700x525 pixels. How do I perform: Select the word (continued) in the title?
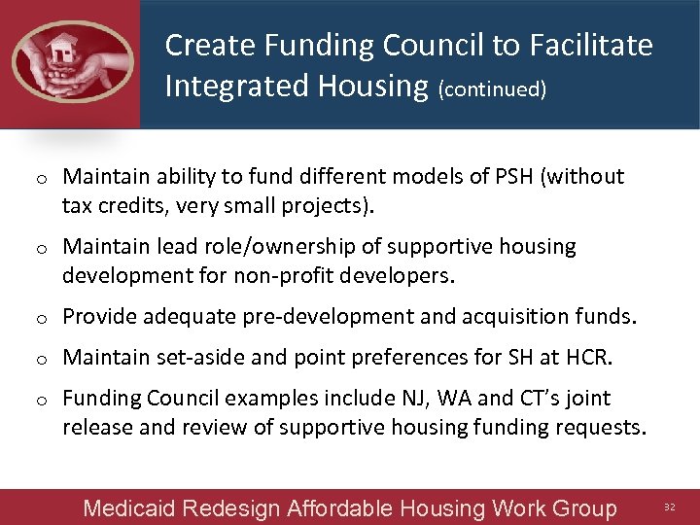point(492,89)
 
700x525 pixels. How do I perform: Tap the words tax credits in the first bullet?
point(114,206)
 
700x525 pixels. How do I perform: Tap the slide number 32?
point(668,507)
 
